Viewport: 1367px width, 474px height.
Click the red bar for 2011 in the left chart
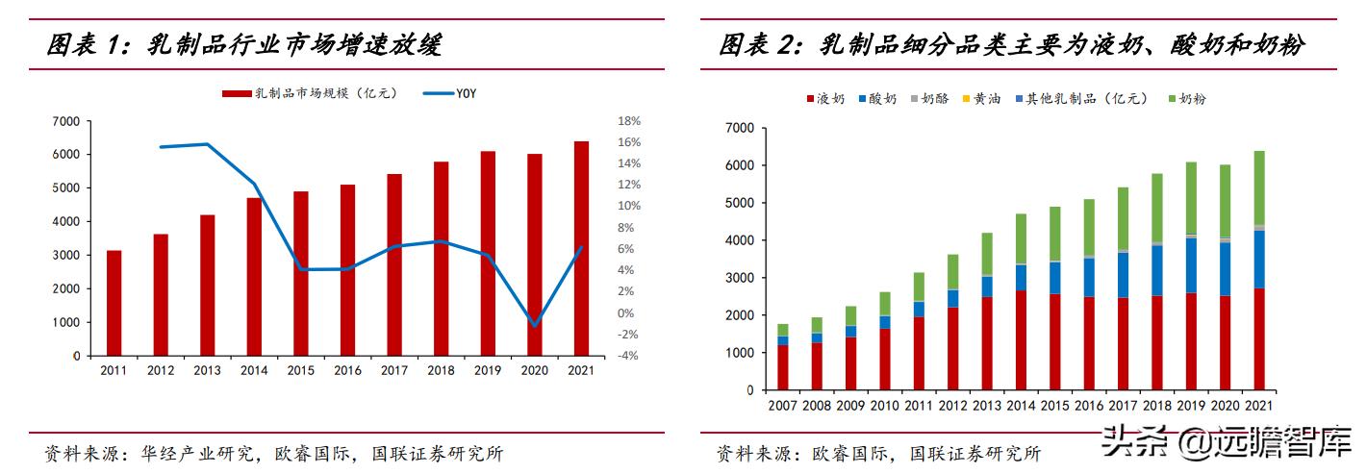114,303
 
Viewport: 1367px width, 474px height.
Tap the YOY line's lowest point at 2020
535,325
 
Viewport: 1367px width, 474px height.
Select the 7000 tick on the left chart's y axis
66,121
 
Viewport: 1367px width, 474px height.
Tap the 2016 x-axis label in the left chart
348,369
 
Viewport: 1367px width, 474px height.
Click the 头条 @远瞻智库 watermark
1226,444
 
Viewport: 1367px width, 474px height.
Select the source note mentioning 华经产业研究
274,453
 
